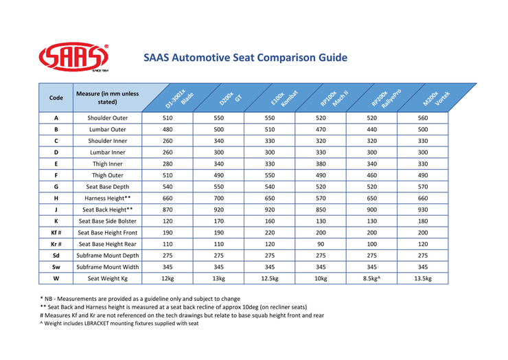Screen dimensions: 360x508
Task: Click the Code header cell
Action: click(x=56, y=98)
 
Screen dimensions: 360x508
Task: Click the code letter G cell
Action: click(x=56, y=187)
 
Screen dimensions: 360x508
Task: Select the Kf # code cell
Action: click(x=56, y=233)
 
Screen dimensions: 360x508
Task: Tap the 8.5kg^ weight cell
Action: click(x=371, y=278)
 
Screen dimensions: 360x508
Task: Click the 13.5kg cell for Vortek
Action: click(x=422, y=278)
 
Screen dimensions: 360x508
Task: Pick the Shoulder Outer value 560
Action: click(x=422, y=118)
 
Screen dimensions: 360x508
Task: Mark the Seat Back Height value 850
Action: click(x=321, y=210)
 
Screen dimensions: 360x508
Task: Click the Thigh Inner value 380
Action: click(x=321, y=164)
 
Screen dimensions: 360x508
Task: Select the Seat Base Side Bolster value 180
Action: click(x=422, y=221)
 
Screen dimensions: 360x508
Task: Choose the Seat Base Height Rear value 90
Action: click(x=321, y=244)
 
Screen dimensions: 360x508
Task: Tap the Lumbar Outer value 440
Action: click(x=371, y=130)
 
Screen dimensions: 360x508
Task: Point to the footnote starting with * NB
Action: click(x=140, y=299)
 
